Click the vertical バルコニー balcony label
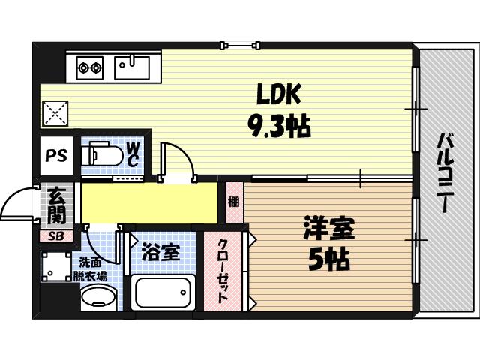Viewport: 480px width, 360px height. [x=445, y=173]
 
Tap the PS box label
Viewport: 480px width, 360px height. [x=55, y=156]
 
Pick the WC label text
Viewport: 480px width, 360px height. [x=132, y=155]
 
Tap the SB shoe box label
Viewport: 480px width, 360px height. [x=56, y=235]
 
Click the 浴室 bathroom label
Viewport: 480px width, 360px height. [x=161, y=252]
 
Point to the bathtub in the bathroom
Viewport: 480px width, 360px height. [x=163, y=292]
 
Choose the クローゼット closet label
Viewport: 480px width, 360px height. [x=223, y=271]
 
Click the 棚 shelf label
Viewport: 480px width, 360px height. [x=234, y=202]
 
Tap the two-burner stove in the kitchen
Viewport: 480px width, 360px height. [x=89, y=68]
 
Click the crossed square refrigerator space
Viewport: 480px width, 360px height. [x=55, y=114]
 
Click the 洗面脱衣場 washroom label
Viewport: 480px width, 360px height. [x=93, y=268]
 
